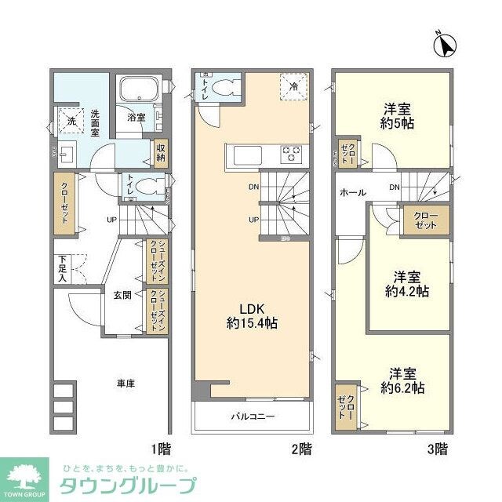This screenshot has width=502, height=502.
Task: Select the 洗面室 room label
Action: click(x=94, y=123)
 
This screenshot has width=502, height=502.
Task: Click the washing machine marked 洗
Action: click(x=70, y=121)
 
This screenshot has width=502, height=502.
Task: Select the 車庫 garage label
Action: click(x=125, y=384)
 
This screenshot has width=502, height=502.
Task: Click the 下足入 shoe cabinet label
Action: click(x=62, y=269)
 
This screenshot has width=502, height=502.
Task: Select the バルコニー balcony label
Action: click(x=252, y=417)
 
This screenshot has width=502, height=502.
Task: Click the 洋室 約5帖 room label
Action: click(x=398, y=115)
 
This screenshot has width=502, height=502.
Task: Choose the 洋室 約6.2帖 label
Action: click(x=403, y=380)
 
